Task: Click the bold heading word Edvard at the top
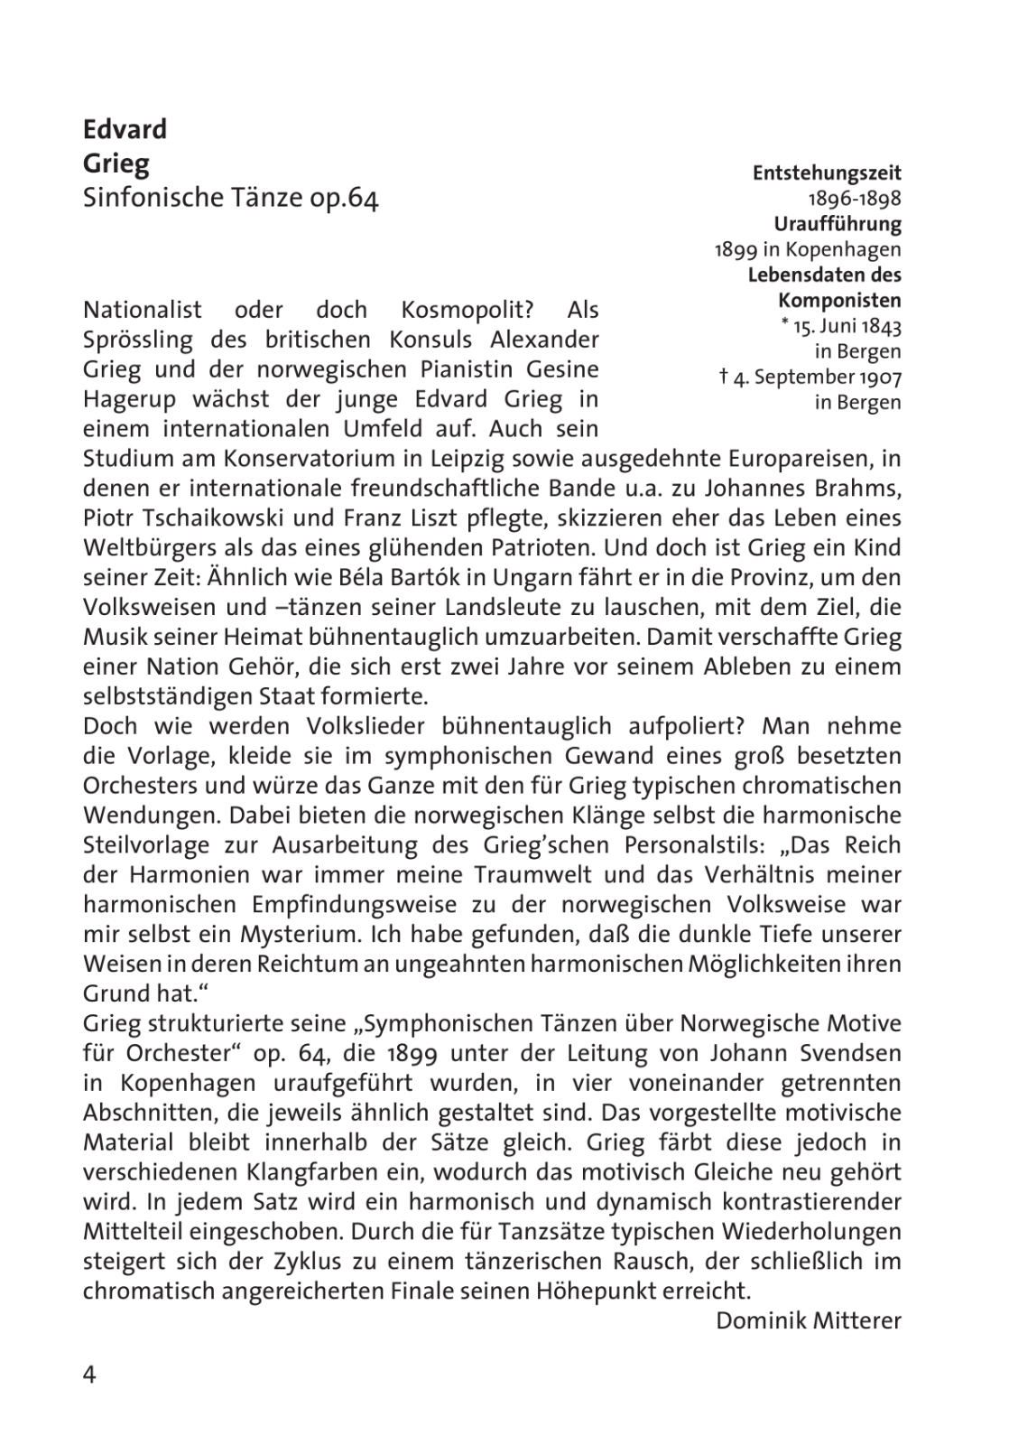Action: click(x=125, y=129)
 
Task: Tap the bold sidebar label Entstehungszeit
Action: click(x=827, y=172)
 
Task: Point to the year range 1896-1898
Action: click(x=854, y=198)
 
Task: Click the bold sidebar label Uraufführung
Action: click(x=838, y=223)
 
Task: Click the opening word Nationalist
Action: click(x=143, y=310)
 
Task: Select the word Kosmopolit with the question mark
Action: click(x=467, y=310)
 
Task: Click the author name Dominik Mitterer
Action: click(x=809, y=1321)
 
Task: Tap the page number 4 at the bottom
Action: click(x=89, y=1375)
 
